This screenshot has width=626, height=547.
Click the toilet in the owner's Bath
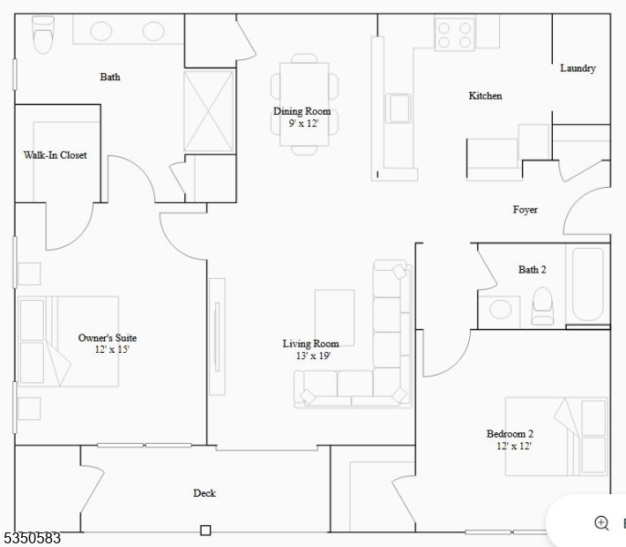(x=43, y=35)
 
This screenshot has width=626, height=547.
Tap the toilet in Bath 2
(x=543, y=306)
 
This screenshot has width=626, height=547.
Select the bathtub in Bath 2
(x=588, y=284)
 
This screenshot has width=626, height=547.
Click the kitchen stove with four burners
(x=454, y=35)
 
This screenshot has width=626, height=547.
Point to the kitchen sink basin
(x=399, y=108)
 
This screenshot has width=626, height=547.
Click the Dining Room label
(x=302, y=111)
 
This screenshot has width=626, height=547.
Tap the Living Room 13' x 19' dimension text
(x=313, y=356)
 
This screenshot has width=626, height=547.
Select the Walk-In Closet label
(x=55, y=155)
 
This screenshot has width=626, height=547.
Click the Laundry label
(x=578, y=68)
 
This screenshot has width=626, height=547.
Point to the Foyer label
(x=525, y=210)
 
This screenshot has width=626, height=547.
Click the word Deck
(x=204, y=493)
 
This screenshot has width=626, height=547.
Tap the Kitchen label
(x=485, y=96)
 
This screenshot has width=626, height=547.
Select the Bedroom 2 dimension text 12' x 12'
(x=514, y=446)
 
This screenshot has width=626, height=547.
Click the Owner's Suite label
(x=108, y=338)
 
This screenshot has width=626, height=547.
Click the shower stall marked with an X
(x=208, y=111)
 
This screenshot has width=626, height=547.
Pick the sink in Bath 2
(x=500, y=309)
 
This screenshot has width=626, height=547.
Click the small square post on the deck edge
(x=205, y=531)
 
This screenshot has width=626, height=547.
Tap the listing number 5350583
(x=32, y=538)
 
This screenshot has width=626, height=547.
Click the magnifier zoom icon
(x=601, y=523)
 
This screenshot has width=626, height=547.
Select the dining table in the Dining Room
(x=304, y=104)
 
